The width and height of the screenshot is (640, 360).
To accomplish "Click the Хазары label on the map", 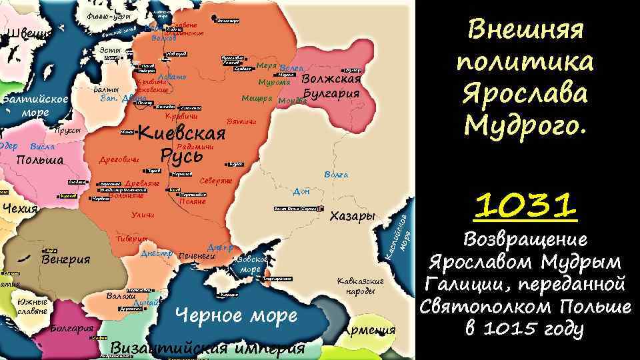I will tap(354, 217).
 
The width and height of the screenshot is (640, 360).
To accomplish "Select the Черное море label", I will tap(235, 315).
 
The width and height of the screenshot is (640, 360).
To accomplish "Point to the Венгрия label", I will tap(65, 259).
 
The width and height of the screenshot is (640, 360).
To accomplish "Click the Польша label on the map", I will tap(39, 160).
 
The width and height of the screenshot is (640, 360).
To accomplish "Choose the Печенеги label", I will tap(198, 255).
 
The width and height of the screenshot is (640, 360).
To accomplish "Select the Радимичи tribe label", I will tap(195, 146).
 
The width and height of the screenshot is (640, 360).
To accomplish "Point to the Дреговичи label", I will tap(119, 160).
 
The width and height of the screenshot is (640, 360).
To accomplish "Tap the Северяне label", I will tap(216, 181).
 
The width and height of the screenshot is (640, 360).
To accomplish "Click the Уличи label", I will tap(143, 215).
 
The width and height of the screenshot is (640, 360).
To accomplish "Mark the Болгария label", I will tap(71, 329).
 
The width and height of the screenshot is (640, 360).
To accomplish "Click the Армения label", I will tap(371, 330).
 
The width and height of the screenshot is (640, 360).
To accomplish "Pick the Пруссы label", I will tap(68, 131).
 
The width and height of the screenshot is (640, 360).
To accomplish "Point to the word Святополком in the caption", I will tap(490, 307).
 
